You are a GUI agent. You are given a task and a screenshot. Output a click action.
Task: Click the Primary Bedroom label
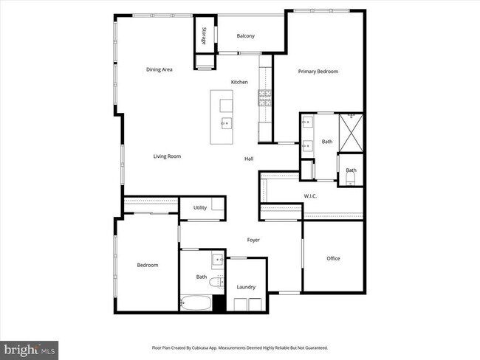pyautogui.click(x=318, y=72)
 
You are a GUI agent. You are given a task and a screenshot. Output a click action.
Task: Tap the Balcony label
pyautogui.click(x=246, y=36)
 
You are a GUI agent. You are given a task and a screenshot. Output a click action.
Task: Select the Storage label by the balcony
pyautogui.click(x=203, y=36)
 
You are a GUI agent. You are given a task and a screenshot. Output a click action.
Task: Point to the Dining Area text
pyautogui.click(x=159, y=69)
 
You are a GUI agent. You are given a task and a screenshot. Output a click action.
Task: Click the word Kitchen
pyautogui.click(x=239, y=82)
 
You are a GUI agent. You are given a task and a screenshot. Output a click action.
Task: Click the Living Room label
pyautogui.click(x=167, y=156)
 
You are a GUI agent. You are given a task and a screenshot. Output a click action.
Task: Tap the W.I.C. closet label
pyautogui.click(x=310, y=195)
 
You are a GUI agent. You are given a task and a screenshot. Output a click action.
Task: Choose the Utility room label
pyautogui.click(x=200, y=208)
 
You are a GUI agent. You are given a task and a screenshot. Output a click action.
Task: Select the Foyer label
pyautogui.click(x=253, y=240)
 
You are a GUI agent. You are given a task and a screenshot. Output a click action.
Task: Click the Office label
pyautogui.click(x=333, y=258)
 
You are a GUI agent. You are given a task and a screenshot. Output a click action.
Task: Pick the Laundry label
pyautogui.click(x=246, y=287)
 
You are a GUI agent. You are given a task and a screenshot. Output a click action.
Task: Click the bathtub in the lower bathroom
pyautogui.click(x=196, y=303)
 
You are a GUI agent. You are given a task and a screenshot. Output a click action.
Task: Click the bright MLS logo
pyautogui.click(x=30, y=347)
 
